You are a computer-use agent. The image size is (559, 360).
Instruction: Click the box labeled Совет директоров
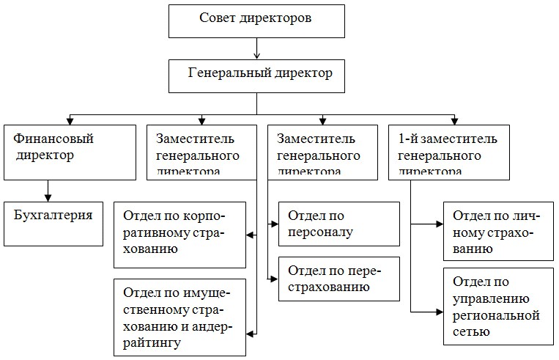click(256, 20)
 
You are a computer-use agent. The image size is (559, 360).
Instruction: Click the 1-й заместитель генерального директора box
click(448, 152)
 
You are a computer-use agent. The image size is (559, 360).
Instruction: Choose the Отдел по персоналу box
click(338, 224)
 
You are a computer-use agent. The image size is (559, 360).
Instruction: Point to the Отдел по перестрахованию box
click(338, 278)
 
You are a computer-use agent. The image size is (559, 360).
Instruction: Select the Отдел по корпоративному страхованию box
click(179, 235)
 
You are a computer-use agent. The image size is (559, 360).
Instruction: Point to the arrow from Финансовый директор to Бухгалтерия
click(48, 190)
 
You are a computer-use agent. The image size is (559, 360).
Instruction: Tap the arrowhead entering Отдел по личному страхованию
click(438, 223)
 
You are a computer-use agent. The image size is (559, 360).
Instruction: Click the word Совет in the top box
click(217, 18)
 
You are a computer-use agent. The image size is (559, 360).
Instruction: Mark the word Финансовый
click(49, 138)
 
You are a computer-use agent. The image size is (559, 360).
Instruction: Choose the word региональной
click(497, 315)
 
